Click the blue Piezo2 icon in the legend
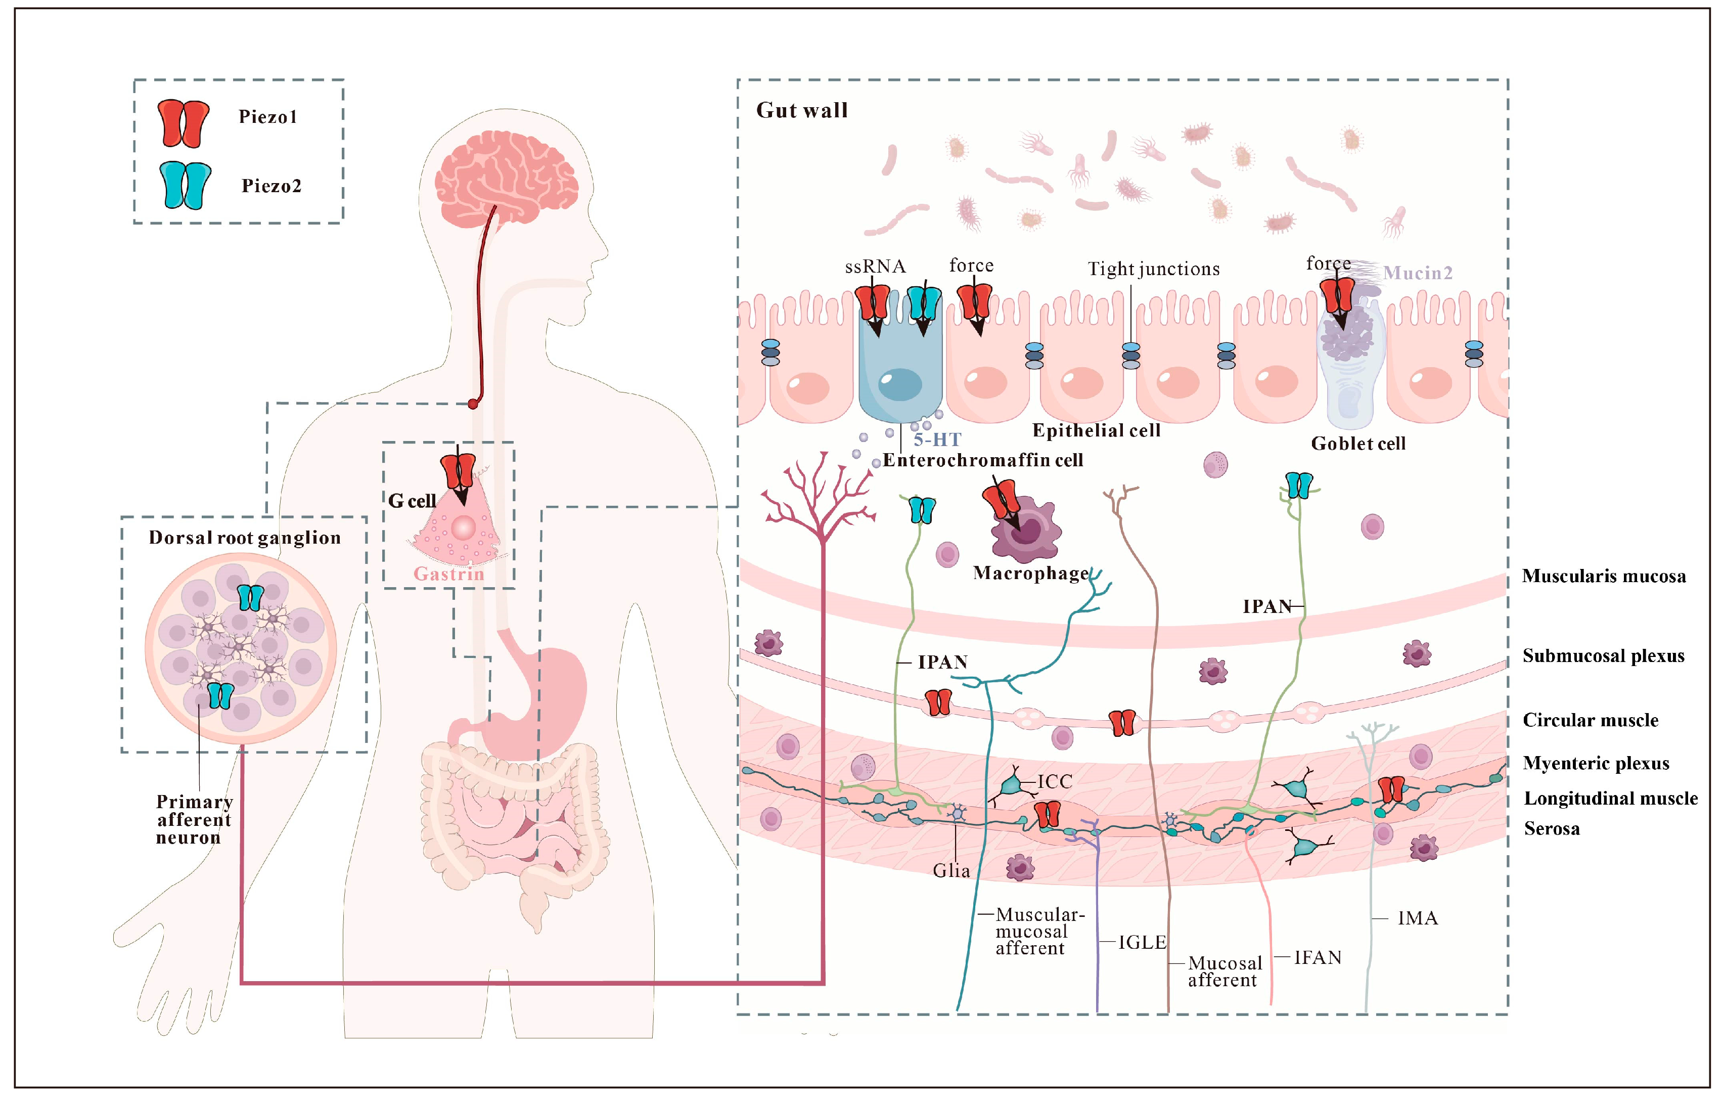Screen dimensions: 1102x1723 click(x=185, y=185)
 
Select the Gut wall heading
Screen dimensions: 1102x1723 click(x=801, y=110)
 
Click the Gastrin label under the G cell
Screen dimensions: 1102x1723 click(x=448, y=574)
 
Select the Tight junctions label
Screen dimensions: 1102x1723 click(x=1153, y=269)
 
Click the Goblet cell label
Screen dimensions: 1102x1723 click(x=1357, y=444)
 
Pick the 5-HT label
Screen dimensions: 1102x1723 click(x=937, y=439)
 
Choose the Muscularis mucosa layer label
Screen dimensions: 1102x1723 click(x=1603, y=576)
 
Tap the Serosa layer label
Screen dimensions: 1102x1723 click(x=1551, y=828)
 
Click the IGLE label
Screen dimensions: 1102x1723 click(x=1142, y=942)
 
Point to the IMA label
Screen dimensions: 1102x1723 click(x=1417, y=918)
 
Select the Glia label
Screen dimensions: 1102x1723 click(x=951, y=871)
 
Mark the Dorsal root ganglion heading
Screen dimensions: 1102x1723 click(x=245, y=538)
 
